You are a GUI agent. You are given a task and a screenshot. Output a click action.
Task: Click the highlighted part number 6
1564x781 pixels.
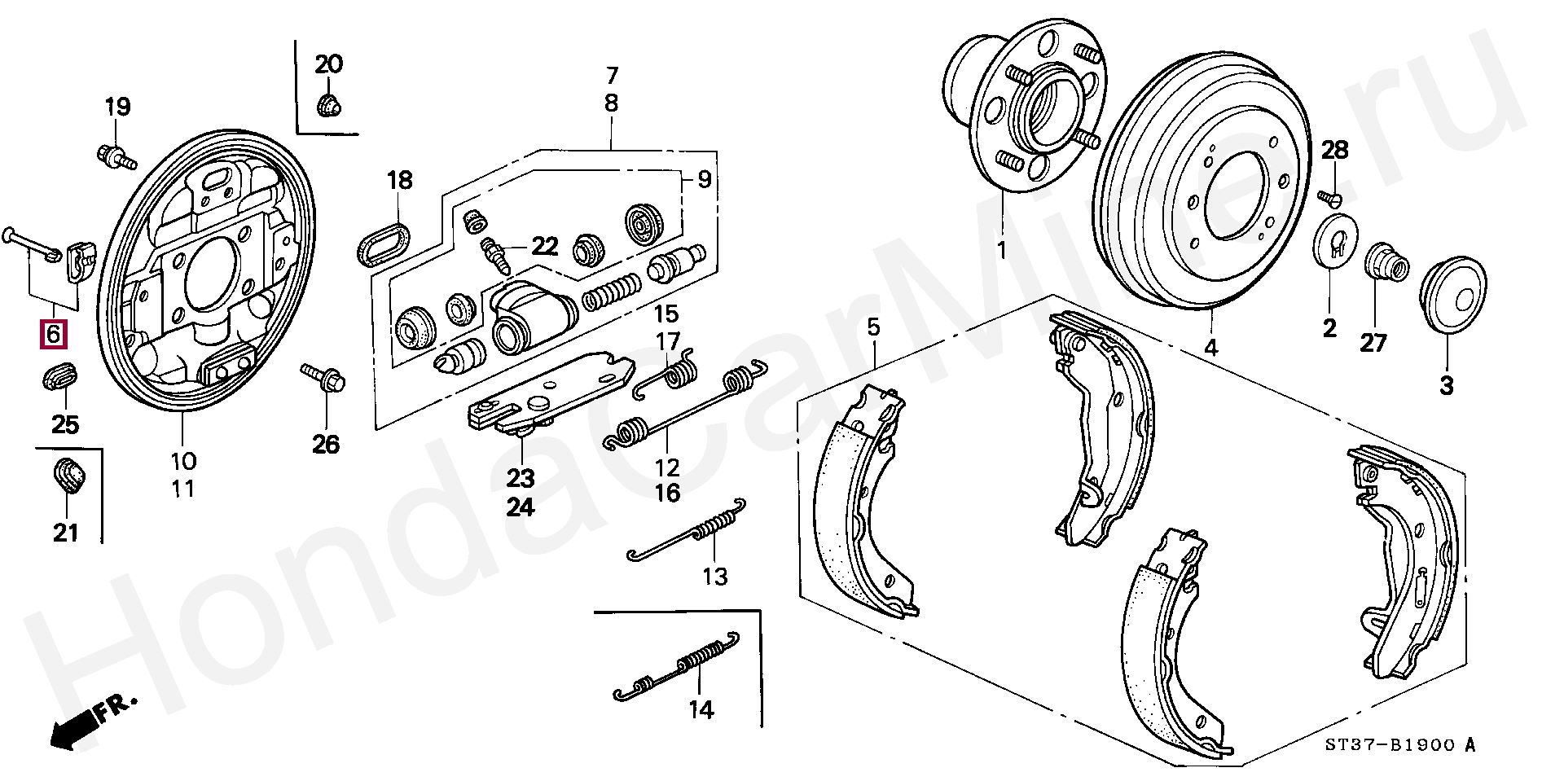click(54, 334)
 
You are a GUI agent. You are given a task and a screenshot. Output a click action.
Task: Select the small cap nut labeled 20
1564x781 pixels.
click(328, 105)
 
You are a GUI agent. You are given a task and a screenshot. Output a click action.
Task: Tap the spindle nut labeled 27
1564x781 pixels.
click(1382, 261)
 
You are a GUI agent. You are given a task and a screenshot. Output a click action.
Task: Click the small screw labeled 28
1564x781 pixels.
click(1329, 196)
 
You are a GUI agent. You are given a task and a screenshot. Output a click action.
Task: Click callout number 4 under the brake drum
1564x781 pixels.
click(1211, 349)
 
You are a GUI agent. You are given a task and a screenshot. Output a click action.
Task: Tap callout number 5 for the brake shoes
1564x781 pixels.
click(873, 328)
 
